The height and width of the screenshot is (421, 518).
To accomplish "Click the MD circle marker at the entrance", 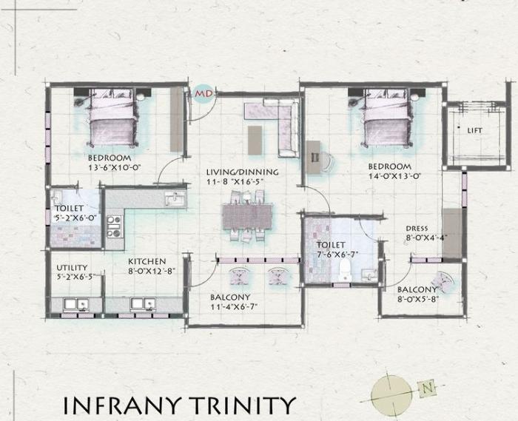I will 202,95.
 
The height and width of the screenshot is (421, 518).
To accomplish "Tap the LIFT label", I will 474,129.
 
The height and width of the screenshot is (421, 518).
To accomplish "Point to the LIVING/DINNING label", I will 242,172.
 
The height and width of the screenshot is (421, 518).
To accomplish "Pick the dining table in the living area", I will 246,217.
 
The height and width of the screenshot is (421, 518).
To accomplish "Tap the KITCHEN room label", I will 147,261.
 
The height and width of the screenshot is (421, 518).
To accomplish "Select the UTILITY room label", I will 72,268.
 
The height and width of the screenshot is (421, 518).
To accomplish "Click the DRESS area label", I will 417,229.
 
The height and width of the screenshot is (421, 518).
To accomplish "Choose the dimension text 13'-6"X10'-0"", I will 114,168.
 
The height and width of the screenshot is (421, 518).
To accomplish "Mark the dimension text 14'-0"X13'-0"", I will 395,176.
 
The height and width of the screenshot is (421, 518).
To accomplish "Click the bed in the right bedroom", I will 386,121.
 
